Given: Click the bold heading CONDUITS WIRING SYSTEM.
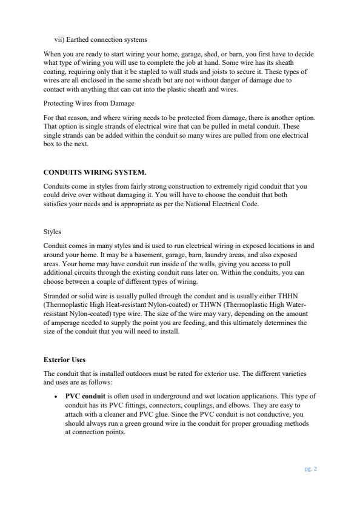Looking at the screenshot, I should coord(95,172).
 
